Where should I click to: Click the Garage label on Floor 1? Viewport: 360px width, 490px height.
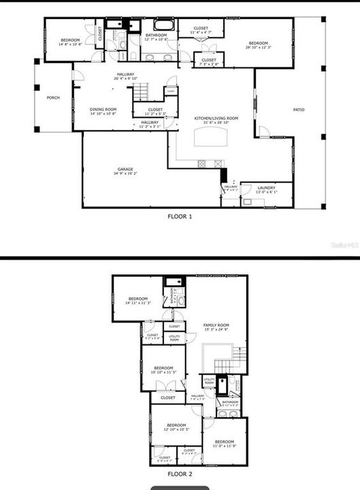click(125, 169)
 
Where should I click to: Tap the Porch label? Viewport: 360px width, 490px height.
click(53, 98)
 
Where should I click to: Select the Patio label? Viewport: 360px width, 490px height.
click(299, 109)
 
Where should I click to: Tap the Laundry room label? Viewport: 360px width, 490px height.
click(266, 189)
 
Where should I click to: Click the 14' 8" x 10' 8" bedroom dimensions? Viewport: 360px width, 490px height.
click(70, 46)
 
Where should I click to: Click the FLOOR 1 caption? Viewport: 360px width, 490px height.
click(180, 216)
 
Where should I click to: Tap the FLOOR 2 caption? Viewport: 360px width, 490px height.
click(180, 475)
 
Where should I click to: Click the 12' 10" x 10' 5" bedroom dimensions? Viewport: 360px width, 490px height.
click(176, 430)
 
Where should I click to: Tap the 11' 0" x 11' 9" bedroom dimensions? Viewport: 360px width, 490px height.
click(225, 446)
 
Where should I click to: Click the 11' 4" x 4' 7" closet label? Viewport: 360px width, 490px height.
click(201, 32)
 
